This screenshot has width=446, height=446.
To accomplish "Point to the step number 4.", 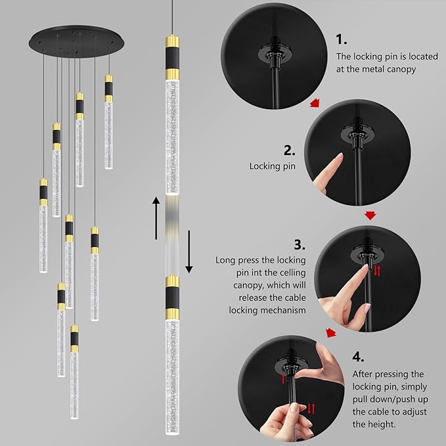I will click(x=358, y=357).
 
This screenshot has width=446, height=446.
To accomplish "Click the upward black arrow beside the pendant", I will click(x=155, y=217).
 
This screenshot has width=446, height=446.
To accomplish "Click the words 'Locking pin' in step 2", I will click(x=272, y=166).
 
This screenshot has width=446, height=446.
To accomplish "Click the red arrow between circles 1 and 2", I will click(x=315, y=103).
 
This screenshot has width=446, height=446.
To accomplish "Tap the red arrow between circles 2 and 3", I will click(x=370, y=215).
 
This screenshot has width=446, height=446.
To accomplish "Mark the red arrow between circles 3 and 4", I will click(x=332, y=333).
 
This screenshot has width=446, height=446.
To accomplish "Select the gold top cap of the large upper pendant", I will click(x=171, y=39).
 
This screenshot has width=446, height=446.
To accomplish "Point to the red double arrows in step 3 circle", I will click(x=376, y=270).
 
